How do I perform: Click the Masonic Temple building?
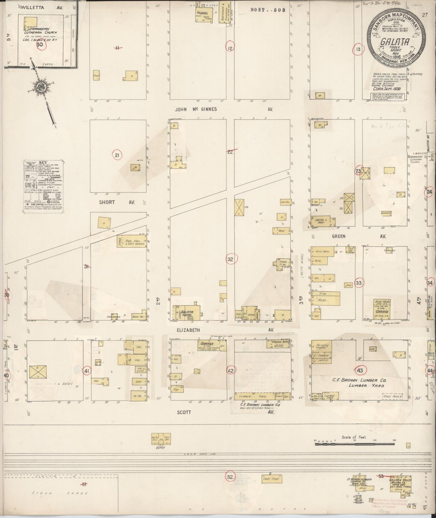[x=278, y=344]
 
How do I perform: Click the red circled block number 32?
[x=231, y=259]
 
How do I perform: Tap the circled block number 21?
[x=117, y=155]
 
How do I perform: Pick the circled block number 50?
[x=40, y=45]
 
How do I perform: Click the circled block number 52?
[x=230, y=477]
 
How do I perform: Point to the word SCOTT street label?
[x=184, y=412]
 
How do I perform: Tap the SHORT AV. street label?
[x=107, y=202]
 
